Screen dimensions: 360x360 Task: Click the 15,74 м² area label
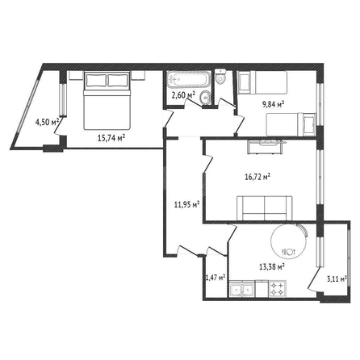tap(111, 138)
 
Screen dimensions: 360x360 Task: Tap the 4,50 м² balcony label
tap(47, 122)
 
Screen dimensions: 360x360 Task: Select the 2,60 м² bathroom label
tap(183, 95)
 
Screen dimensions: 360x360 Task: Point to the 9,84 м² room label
tap(273, 104)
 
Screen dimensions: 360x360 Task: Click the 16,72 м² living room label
tap(257, 178)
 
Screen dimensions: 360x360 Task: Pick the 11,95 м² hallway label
tap(186, 204)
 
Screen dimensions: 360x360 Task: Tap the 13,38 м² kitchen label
tap(272, 266)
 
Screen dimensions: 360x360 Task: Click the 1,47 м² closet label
tap(216, 278)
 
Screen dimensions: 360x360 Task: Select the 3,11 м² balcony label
tap(337, 279)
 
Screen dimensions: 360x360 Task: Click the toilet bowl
tap(220, 77)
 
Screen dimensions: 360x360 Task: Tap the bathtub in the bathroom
tap(188, 79)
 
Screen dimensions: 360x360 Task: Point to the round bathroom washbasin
tap(206, 97)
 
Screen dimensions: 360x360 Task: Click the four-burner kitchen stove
tap(278, 289)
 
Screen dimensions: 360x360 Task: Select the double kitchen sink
tap(241, 289)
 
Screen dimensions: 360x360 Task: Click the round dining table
tap(289, 241)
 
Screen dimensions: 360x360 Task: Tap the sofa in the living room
tap(265, 208)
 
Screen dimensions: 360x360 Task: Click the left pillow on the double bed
tap(96, 81)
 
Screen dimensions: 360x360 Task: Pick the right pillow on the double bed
tap(118, 81)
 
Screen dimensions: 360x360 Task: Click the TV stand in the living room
tap(265, 147)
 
